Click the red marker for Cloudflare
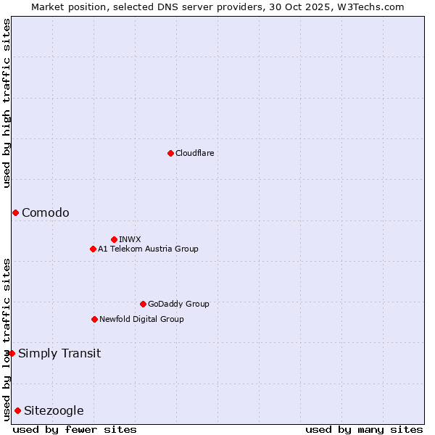[x=170, y=153]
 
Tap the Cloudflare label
[x=194, y=153]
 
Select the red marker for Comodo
[x=15, y=212]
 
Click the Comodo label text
[x=46, y=212]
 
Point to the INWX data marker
[x=114, y=239]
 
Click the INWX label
[x=130, y=239]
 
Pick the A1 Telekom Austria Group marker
[x=93, y=249]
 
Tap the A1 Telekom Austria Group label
[x=148, y=249]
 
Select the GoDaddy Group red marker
[x=143, y=304]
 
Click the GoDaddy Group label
[x=178, y=304]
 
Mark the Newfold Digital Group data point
[x=94, y=319]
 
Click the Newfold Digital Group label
[x=141, y=319]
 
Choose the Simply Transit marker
[x=12, y=353]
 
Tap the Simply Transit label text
[x=59, y=354]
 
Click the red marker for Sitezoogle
[x=17, y=410]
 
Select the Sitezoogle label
[x=54, y=411]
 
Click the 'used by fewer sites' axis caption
[x=75, y=429]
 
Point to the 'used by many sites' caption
[x=363, y=429]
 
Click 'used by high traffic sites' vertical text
[x=7, y=103]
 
